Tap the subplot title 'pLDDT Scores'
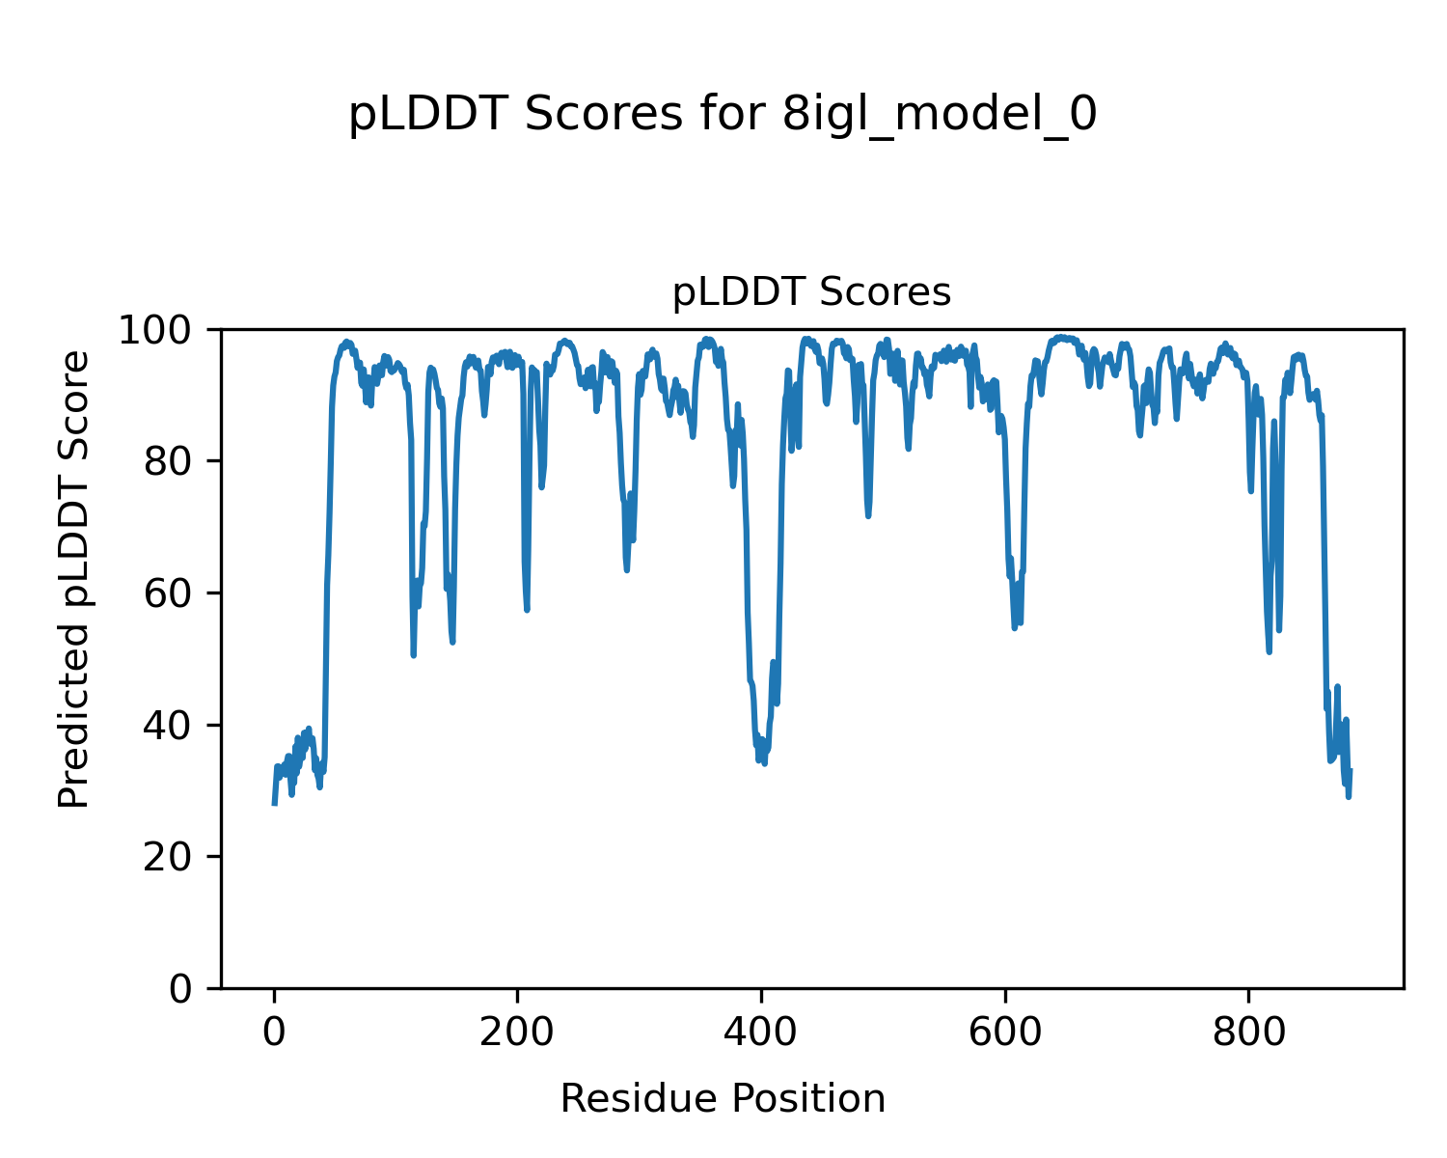[x=811, y=292]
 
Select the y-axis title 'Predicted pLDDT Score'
[x=73, y=579]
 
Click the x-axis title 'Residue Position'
[x=723, y=1099]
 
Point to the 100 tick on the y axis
[x=162, y=330]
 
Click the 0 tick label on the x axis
[x=275, y=1033]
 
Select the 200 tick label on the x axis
[x=518, y=1033]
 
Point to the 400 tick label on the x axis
[x=761, y=1033]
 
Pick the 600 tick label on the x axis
[x=1005, y=1033]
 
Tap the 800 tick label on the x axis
[x=1248, y=1033]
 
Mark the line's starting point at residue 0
[x=275, y=803]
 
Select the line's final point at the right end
[x=1350, y=770]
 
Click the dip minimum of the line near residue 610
[x=1015, y=628]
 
